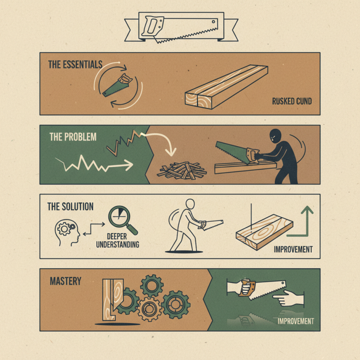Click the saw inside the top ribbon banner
tap(180, 28)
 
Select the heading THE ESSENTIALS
tap(75, 64)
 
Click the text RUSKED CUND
tap(292, 101)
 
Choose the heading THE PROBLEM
tap(73, 137)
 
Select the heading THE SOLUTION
tap(71, 207)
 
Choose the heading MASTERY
tap(66, 281)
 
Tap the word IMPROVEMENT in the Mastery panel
tap(295, 321)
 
